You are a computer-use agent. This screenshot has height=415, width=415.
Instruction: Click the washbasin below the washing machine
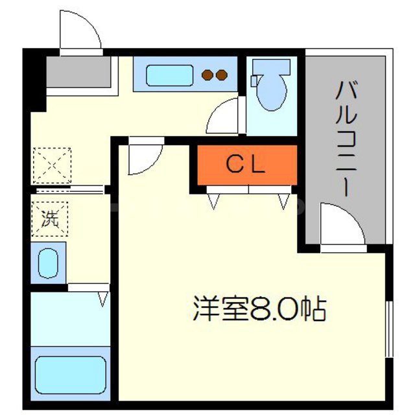(48, 263)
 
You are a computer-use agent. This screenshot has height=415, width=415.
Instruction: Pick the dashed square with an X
(51, 163)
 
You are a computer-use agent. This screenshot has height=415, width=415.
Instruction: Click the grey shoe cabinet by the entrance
(78, 73)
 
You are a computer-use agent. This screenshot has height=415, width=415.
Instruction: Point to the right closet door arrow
(283, 202)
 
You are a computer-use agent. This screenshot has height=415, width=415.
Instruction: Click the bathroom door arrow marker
(102, 299)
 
